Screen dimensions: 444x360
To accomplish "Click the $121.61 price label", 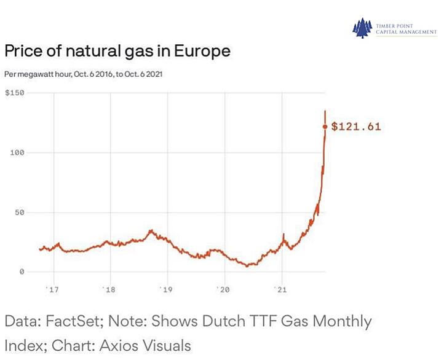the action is (356, 127).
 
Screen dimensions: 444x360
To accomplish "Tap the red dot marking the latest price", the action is (325, 127).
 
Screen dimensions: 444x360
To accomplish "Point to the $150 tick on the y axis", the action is (14, 93).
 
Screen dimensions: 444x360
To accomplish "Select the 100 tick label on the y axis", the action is (17, 153).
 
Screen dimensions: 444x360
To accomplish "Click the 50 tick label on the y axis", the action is (20, 213).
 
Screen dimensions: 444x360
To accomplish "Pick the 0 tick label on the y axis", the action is (22, 272).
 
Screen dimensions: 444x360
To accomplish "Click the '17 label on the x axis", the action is (52, 289).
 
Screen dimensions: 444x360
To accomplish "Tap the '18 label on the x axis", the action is (109, 289).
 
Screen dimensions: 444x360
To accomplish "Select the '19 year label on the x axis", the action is (166, 289).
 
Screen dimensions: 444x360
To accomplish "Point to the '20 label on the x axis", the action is (223, 289).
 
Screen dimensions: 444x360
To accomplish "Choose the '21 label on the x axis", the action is (280, 289).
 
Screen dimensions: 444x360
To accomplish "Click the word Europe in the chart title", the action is (202, 52).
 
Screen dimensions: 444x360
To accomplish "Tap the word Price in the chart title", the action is (23, 51).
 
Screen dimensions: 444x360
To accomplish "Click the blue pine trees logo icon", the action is (362, 28).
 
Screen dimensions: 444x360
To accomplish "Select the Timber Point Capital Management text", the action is (406, 29).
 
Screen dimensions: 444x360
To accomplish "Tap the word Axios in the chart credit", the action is (119, 346).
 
